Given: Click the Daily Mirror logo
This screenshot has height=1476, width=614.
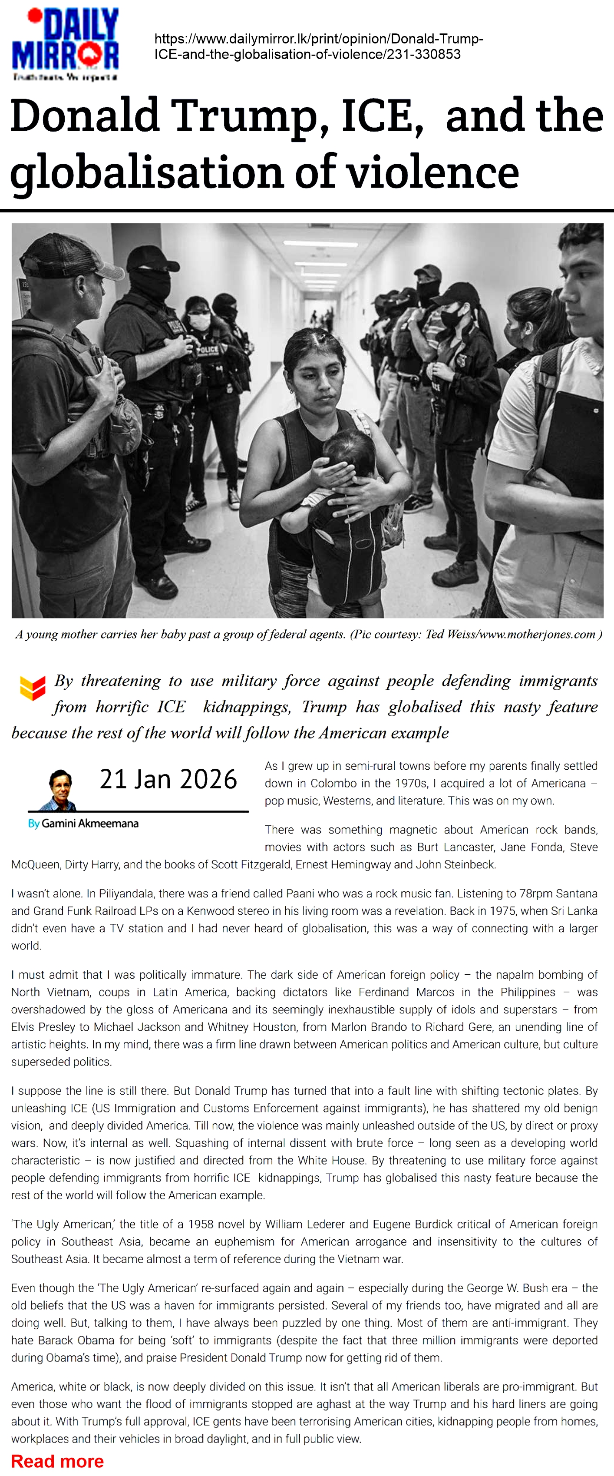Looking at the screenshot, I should [65, 44].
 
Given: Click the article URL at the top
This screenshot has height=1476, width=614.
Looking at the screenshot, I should [318, 46].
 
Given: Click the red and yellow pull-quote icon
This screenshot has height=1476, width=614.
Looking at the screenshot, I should [32, 687].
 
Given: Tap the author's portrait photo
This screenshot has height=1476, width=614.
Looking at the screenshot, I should [60, 790].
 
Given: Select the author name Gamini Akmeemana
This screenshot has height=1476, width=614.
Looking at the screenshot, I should [90, 824].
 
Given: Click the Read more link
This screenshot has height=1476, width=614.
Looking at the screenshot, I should [57, 1460].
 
